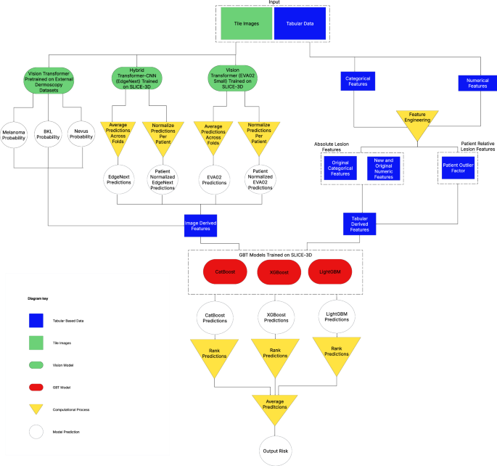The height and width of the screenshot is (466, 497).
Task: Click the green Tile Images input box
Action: [x=247, y=23]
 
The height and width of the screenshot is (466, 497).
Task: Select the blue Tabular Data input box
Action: [x=298, y=23]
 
